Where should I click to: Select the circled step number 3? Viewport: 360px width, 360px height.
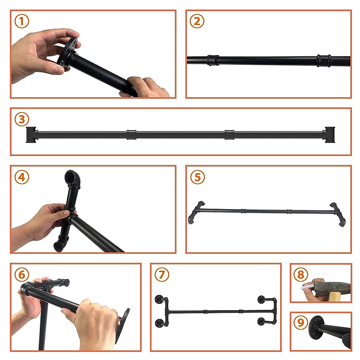click(x=22, y=119)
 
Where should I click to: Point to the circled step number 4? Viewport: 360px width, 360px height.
click(x=22, y=177)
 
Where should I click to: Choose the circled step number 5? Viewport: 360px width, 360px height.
click(x=197, y=177)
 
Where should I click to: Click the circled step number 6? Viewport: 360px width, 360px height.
click(x=22, y=274)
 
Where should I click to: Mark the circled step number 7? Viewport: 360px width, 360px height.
click(x=162, y=274)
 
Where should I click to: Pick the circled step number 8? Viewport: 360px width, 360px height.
click(x=301, y=274)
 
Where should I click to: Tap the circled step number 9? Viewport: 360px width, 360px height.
click(x=301, y=323)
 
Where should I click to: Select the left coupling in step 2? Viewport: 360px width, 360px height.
click(x=213, y=60)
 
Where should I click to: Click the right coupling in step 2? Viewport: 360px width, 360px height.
click(x=324, y=61)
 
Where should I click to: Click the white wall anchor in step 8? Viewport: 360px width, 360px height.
click(x=307, y=286)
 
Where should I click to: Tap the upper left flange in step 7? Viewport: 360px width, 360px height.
click(x=158, y=299)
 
